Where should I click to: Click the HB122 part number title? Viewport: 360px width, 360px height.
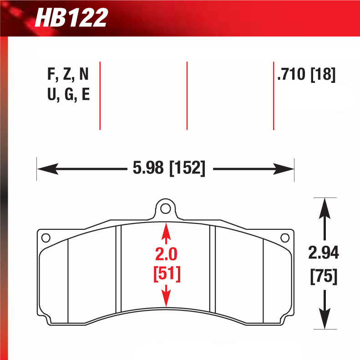click(71, 18)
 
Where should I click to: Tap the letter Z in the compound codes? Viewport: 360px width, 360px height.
click(67, 74)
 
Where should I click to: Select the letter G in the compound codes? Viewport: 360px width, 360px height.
click(69, 94)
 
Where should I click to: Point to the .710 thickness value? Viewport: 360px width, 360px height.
click(291, 74)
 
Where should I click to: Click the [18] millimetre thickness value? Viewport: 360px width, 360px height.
click(323, 74)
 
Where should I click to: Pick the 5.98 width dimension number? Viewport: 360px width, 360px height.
click(148, 168)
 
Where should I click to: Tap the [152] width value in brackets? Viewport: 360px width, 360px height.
click(187, 168)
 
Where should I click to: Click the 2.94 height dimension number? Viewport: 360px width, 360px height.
click(324, 253)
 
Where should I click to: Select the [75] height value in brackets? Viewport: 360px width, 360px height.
click(324, 276)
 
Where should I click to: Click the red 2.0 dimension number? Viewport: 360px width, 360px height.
click(166, 254)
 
